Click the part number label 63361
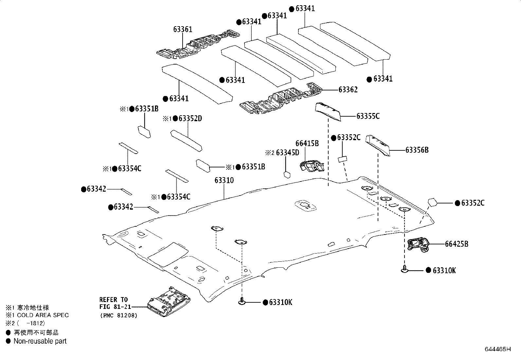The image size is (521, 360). pos(183,30)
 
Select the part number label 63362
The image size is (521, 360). pos(348,90)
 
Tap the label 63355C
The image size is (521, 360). pos(368,116)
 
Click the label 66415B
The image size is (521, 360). pos(307,143)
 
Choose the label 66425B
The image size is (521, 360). pos(456,244)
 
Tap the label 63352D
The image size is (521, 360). pos(190,119)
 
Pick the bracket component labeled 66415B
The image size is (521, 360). pos(312,166)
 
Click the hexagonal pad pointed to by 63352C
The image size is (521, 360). pos(432,202)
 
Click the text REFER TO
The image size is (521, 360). pos(114,299)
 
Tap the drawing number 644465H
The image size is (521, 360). pos(497,349)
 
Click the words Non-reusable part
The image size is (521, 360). pos(40,341)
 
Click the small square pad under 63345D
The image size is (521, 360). pos(287,174)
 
